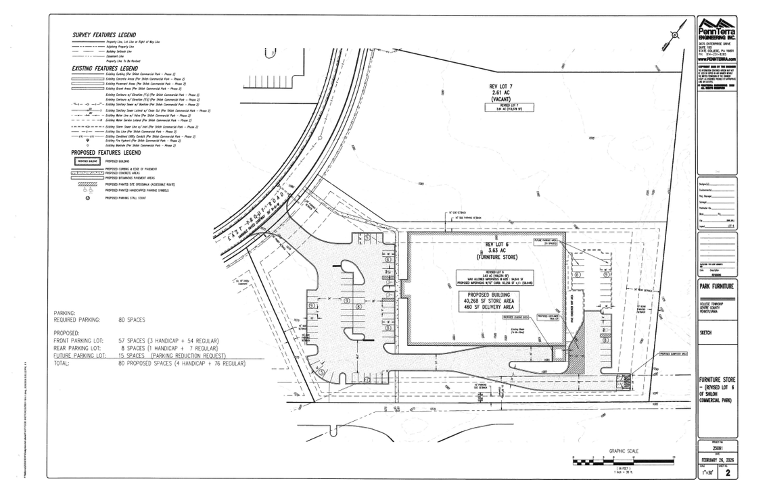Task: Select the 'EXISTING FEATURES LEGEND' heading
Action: click(104, 68)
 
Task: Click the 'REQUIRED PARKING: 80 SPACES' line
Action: click(99, 319)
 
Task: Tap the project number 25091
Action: click(717, 447)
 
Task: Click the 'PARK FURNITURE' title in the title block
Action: click(717, 287)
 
